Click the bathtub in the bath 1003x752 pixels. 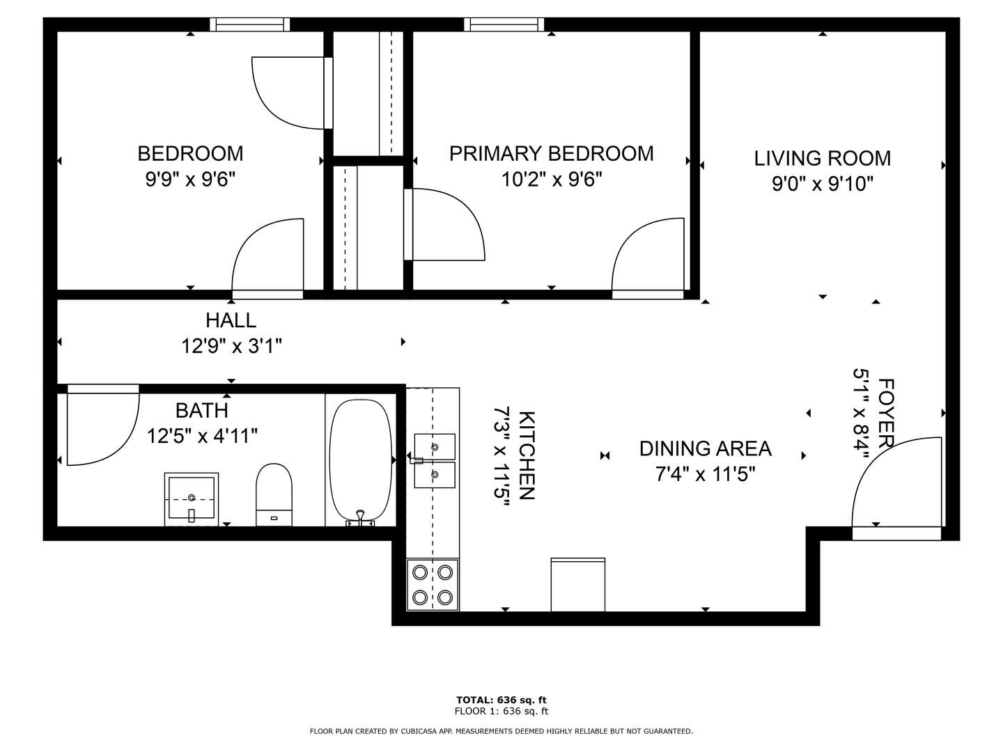pyautogui.click(x=361, y=461)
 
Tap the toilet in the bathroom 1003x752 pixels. pyautogui.click(x=274, y=494)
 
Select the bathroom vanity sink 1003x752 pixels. pyautogui.click(x=192, y=499)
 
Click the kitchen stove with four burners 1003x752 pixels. pyautogui.click(x=433, y=584)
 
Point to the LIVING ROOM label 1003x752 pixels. pyautogui.click(x=822, y=159)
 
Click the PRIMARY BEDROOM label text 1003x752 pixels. pyautogui.click(x=551, y=153)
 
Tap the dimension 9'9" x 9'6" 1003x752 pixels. pyautogui.click(x=190, y=179)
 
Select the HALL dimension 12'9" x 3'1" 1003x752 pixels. pyautogui.click(x=231, y=345)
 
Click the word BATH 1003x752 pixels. pyautogui.click(x=201, y=411)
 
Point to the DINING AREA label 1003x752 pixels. pyautogui.click(x=705, y=448)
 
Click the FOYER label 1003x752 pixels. pyautogui.click(x=886, y=413)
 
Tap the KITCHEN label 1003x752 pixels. pyautogui.click(x=527, y=455)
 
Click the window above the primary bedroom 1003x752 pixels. pyautogui.click(x=504, y=24)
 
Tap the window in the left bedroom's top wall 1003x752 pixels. pyautogui.click(x=249, y=24)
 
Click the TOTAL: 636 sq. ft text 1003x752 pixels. pyautogui.click(x=501, y=700)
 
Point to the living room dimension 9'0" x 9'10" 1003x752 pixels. pyautogui.click(x=822, y=184)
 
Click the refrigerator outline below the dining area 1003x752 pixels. pyautogui.click(x=577, y=584)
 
